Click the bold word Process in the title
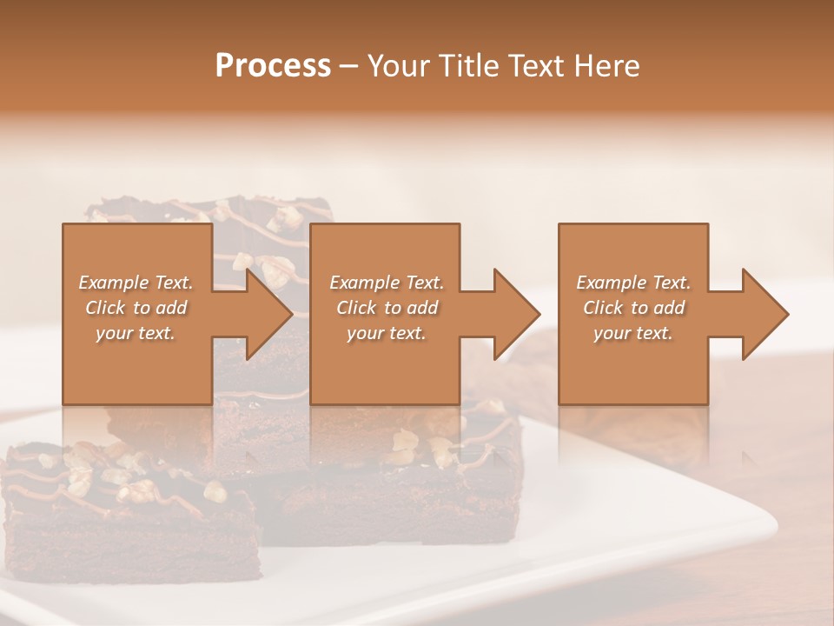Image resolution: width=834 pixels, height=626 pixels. click(x=273, y=65)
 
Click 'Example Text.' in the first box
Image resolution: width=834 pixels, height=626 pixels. click(x=136, y=283)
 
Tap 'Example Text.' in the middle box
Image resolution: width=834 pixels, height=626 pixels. click(x=387, y=283)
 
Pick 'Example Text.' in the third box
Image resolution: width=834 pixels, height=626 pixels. click(x=633, y=283)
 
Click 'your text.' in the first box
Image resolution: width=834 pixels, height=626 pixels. click(x=136, y=333)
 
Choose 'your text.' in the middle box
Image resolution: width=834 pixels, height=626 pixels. click(x=387, y=333)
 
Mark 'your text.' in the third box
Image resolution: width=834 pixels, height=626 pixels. click(x=633, y=333)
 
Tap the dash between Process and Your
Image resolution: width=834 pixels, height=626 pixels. click(x=348, y=67)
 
